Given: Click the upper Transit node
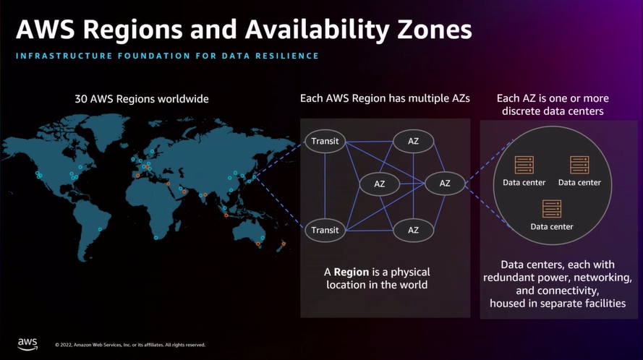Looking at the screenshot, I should point(325,141).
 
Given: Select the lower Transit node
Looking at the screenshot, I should point(325,230).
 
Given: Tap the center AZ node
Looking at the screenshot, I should point(380,184).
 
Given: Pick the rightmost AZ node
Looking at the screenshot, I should point(445,184).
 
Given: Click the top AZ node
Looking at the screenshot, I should point(413,141).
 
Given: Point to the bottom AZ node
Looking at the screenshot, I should point(413,230).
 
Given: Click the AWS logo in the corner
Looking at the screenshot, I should point(27,343).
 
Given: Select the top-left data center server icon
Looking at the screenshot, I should point(524,165).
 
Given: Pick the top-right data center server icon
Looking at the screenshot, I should point(579,165).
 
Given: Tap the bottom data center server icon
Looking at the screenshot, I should point(551,209).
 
